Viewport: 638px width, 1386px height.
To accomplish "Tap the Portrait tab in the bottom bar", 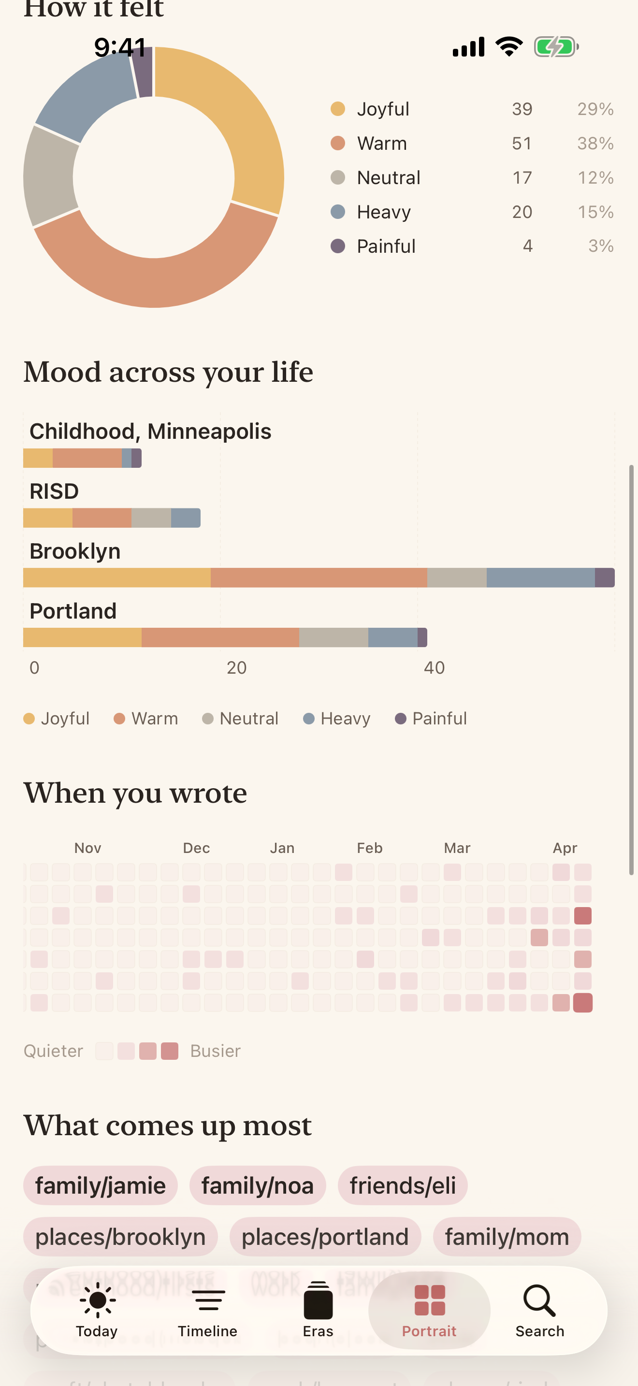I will [x=429, y=1310].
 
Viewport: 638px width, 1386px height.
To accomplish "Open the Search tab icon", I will [x=539, y=1310].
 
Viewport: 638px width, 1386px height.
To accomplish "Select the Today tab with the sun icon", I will [x=97, y=1310].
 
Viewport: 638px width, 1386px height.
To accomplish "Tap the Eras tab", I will [x=318, y=1310].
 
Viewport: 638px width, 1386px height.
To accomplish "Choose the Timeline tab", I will [x=208, y=1310].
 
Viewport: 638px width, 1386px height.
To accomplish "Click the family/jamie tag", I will [x=101, y=1185].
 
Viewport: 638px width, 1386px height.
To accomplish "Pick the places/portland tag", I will [x=325, y=1236].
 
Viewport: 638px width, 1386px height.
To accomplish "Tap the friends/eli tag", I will [x=403, y=1185].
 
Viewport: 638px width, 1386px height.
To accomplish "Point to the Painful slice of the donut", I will [x=143, y=72].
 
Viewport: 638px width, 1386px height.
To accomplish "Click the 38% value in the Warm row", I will [x=595, y=143].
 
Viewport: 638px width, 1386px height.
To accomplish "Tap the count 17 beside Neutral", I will [x=522, y=177].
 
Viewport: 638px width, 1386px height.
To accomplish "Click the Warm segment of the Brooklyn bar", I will [x=319, y=577].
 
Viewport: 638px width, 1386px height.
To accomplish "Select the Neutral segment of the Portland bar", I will [x=333, y=637].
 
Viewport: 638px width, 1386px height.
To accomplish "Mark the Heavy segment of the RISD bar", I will [x=186, y=518].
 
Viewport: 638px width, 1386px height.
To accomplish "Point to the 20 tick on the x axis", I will [x=236, y=668].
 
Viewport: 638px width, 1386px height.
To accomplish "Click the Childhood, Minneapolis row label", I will [x=150, y=431].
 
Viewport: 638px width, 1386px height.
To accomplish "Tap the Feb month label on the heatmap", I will [x=370, y=848].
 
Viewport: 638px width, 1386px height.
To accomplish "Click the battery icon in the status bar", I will [x=556, y=47].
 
